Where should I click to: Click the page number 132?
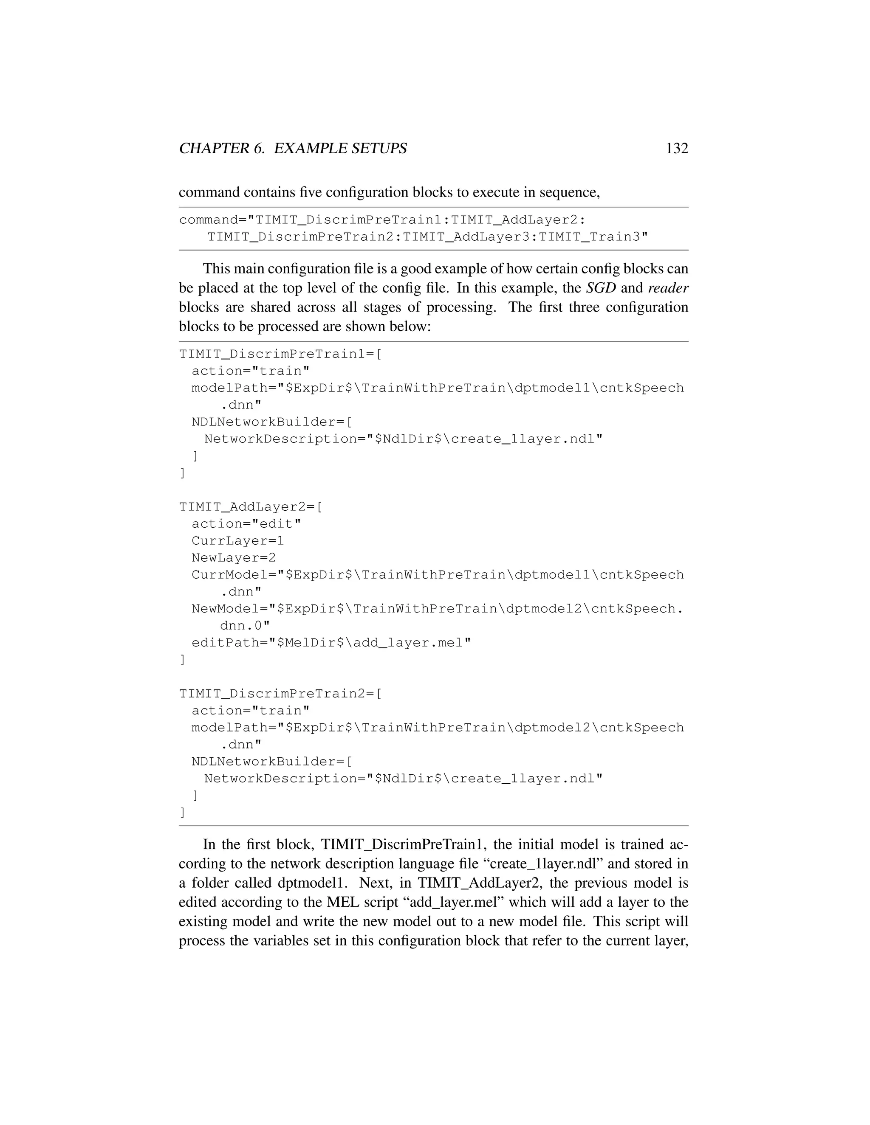[x=677, y=148]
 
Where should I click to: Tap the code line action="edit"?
[x=246, y=523]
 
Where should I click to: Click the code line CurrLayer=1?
[x=237, y=540]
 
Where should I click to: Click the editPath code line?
[x=331, y=642]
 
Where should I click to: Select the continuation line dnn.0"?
[x=245, y=625]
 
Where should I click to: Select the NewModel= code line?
[x=437, y=608]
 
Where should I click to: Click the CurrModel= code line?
[x=437, y=574]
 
